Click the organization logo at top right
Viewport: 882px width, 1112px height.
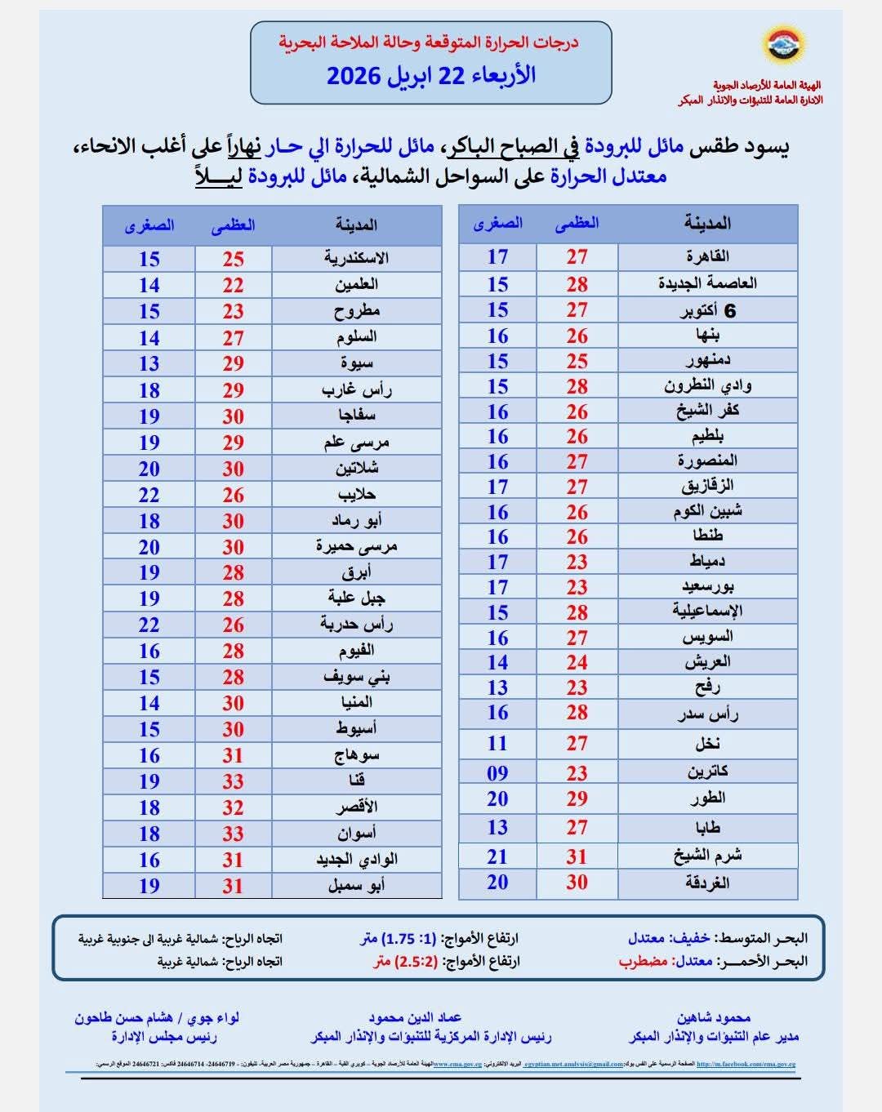(x=783, y=47)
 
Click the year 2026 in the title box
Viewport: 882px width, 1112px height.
(x=354, y=76)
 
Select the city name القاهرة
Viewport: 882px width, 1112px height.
(x=707, y=256)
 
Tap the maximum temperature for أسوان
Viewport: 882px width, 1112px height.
(x=234, y=834)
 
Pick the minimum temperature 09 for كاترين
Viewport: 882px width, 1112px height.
(x=497, y=772)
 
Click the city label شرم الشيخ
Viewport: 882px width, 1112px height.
(x=707, y=856)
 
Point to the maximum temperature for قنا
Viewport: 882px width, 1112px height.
(x=234, y=781)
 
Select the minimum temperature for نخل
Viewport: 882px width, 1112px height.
(x=497, y=743)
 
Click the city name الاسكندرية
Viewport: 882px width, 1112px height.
(x=356, y=259)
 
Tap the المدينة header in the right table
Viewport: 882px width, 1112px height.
(x=707, y=223)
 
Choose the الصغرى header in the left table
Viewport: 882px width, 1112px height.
(x=149, y=225)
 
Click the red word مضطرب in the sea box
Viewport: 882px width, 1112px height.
(x=644, y=961)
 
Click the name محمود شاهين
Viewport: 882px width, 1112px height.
(x=713, y=1017)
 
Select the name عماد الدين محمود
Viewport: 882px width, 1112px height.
(x=415, y=1017)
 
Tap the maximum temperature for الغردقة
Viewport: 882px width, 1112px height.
(x=577, y=882)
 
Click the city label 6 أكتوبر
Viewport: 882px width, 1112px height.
(x=707, y=310)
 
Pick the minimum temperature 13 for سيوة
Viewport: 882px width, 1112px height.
(x=149, y=363)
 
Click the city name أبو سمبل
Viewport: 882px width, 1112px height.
(x=356, y=886)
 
